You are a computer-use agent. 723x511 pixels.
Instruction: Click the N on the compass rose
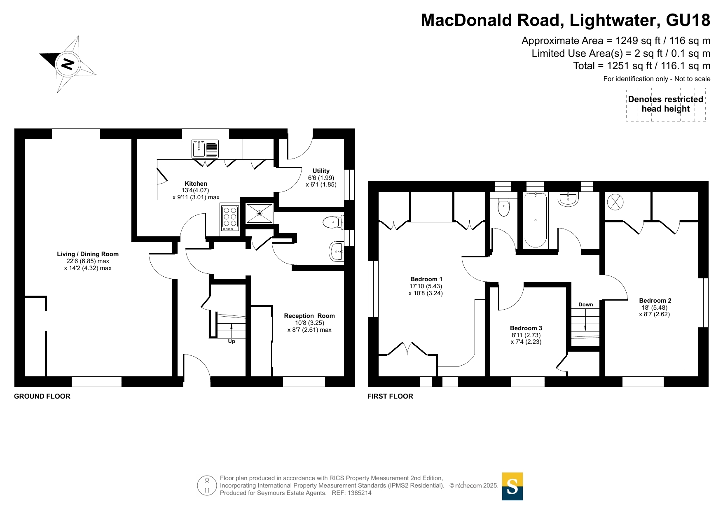pyautogui.click(x=68, y=64)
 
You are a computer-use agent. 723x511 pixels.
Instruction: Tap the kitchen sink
pyautogui.click(x=205, y=149)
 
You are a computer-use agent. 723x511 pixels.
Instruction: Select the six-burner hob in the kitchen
pyautogui.click(x=230, y=218)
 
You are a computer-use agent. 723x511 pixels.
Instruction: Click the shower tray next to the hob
pyautogui.click(x=260, y=213)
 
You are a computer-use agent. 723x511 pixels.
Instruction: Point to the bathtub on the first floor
pyautogui.click(x=536, y=220)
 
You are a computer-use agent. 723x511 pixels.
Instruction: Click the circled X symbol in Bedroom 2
pyautogui.click(x=615, y=202)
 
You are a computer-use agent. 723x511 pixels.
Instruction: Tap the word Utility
pyautogui.click(x=321, y=171)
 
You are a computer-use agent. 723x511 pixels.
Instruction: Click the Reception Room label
pyautogui.click(x=309, y=316)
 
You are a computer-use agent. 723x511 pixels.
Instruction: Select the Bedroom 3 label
pyautogui.click(x=526, y=328)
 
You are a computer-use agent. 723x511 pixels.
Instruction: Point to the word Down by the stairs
pyautogui.click(x=586, y=305)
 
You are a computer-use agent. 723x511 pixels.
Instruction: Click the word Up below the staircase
pyautogui.click(x=232, y=341)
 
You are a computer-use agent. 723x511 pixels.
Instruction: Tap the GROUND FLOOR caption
pyautogui.click(x=42, y=396)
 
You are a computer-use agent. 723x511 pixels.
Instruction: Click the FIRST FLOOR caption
pyautogui.click(x=390, y=396)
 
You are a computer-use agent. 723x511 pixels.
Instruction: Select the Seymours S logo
pyautogui.click(x=512, y=486)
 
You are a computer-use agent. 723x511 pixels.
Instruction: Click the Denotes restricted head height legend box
pyautogui.click(x=666, y=105)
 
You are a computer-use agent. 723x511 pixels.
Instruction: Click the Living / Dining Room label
pyautogui.click(x=88, y=254)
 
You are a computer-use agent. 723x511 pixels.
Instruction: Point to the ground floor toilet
pyautogui.click(x=333, y=223)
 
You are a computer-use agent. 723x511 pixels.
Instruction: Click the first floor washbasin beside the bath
pyautogui.click(x=569, y=199)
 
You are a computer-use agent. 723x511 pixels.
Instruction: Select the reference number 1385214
pyautogui.click(x=360, y=493)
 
